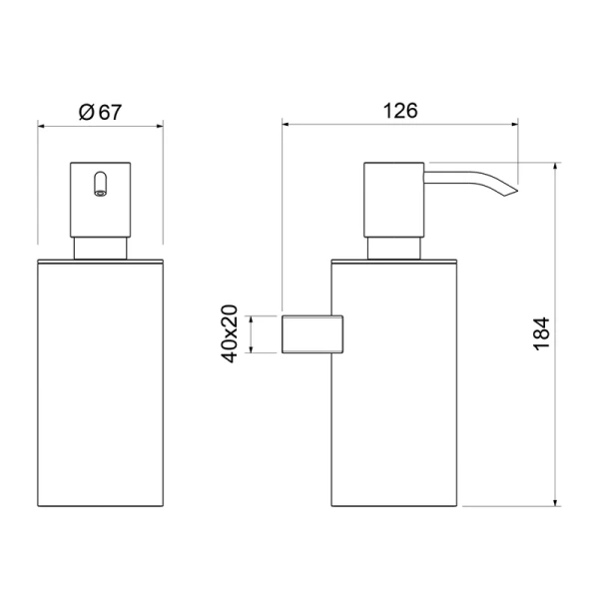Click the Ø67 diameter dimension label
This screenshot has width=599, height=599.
100,112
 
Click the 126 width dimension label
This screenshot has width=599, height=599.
400,111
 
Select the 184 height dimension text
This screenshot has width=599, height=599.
541,333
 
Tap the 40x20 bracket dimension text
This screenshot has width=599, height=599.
230,333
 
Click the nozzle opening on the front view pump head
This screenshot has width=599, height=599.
101,193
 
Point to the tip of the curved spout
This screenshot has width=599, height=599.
517,191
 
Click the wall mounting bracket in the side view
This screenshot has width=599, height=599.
312,334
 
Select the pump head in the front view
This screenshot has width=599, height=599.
101,200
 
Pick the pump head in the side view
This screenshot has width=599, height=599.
394,200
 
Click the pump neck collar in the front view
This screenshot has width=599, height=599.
100,249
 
